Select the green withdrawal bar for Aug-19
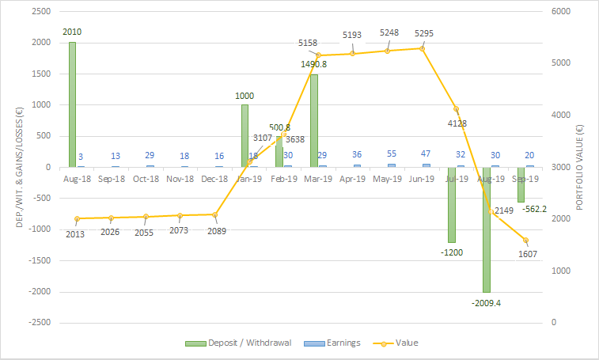[x=487, y=229]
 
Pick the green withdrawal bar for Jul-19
[x=452, y=204]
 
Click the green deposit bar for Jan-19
[x=245, y=135]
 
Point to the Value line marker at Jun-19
[x=422, y=48]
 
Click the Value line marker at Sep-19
[x=525, y=241]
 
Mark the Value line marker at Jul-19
[x=456, y=109]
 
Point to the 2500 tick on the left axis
[x=40, y=12]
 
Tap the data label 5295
[x=423, y=33]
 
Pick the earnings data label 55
[x=391, y=154]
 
